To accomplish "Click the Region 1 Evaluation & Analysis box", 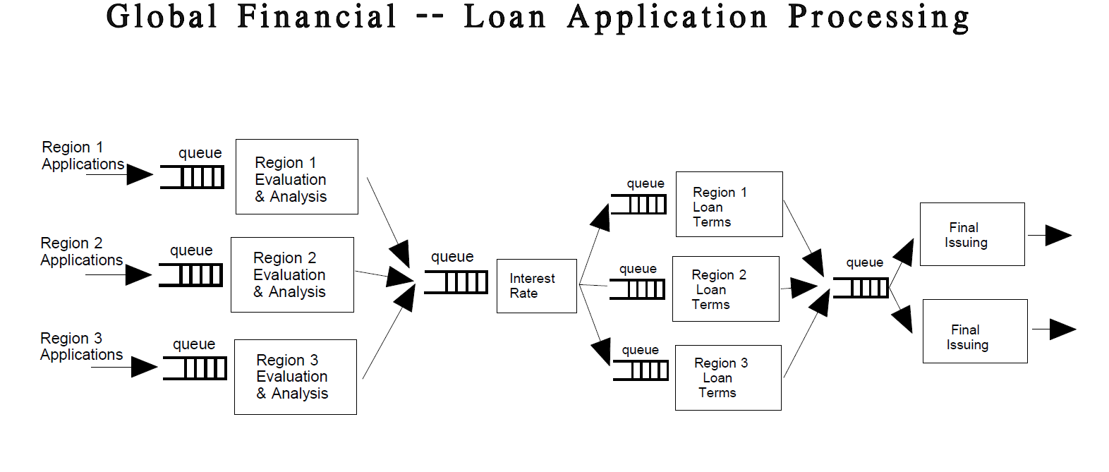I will [x=296, y=176].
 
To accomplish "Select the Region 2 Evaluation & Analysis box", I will [x=292, y=274].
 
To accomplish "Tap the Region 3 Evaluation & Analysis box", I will [x=295, y=377].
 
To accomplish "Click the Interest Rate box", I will [x=536, y=286].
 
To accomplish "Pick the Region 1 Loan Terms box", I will [x=729, y=204].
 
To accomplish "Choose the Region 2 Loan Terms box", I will [x=725, y=289].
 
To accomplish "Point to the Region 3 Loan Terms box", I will [x=727, y=377].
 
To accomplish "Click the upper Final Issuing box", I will [x=971, y=234].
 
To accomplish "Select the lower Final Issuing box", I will [x=974, y=331].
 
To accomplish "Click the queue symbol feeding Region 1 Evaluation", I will [x=193, y=176].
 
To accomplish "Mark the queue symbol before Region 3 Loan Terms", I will [x=641, y=370].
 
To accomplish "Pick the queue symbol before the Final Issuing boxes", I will [x=861, y=288].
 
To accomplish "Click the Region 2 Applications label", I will [x=81, y=252].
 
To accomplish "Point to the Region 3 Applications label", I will [x=81, y=346].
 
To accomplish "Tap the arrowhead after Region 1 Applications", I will [x=140, y=174].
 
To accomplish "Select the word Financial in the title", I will [x=317, y=16].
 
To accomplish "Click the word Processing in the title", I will [x=878, y=17].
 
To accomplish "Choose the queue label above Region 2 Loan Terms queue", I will [x=638, y=269].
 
